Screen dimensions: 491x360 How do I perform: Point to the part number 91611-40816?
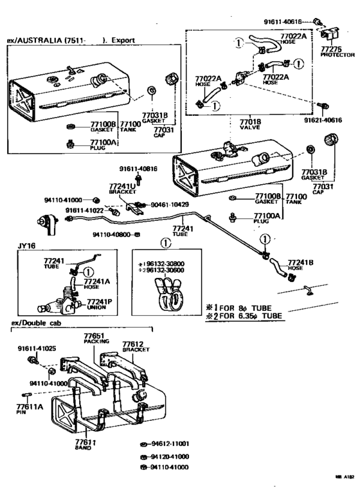pyautogui.click(x=138, y=169)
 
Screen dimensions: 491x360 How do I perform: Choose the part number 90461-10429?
pyautogui.click(x=170, y=204)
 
